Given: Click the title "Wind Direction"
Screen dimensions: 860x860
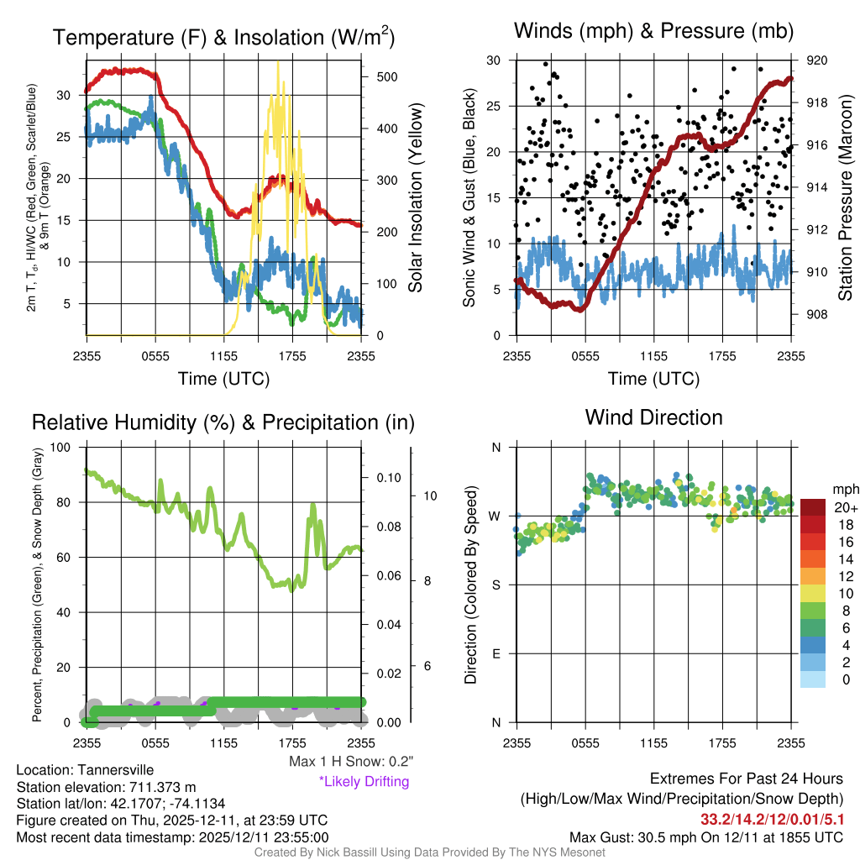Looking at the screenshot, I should coord(653,417).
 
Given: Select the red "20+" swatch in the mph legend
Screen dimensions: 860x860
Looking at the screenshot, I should coord(814,507).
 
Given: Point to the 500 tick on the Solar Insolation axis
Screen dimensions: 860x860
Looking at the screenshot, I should coord(386,76).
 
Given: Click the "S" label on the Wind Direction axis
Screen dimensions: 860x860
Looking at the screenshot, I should coord(496,585).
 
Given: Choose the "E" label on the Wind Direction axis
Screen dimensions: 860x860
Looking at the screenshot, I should coord(496,653).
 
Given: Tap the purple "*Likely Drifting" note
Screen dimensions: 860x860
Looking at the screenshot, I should coord(363,781).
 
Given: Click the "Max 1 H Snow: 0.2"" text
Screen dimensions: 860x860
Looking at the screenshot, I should coord(350,762).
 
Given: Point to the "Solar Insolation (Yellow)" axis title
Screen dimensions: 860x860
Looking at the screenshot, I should coord(416,198).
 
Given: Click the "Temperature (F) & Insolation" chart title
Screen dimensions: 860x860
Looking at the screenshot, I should coord(223,38).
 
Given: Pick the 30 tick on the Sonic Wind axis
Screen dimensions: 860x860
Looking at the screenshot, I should coord(495,60).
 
